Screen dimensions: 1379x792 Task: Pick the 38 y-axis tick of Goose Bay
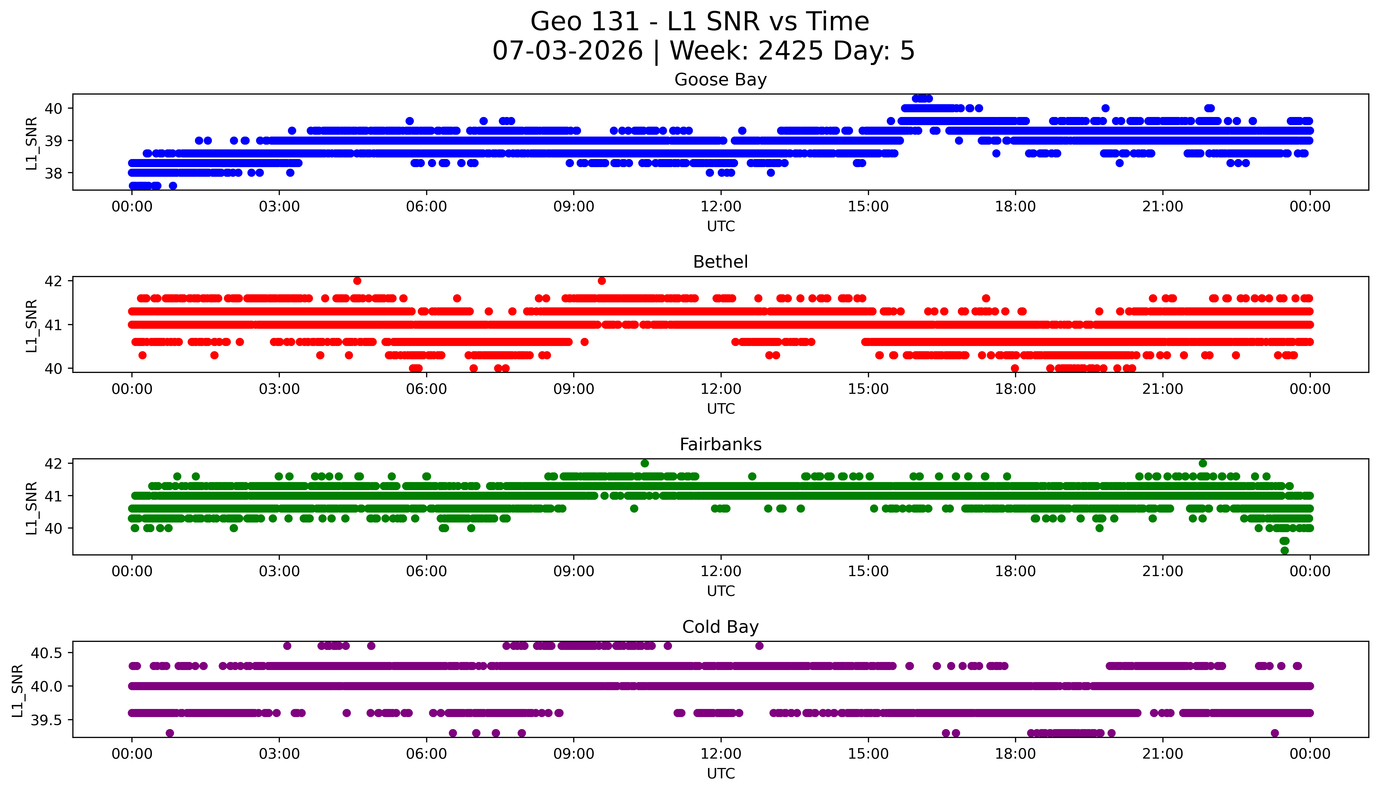pyautogui.click(x=53, y=173)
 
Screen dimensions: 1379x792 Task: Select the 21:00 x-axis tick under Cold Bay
pyautogui.click(x=1162, y=754)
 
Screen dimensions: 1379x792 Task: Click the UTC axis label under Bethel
pyautogui.click(x=721, y=408)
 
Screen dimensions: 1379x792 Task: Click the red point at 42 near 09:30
pyautogui.click(x=601, y=281)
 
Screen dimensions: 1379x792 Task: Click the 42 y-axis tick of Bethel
pyautogui.click(x=53, y=281)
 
